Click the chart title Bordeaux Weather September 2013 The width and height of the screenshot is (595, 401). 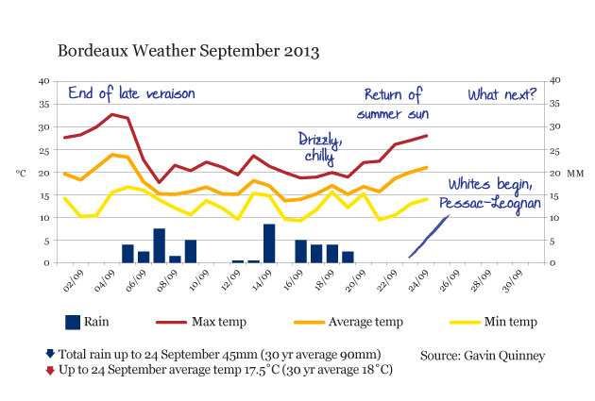pyautogui.click(x=188, y=51)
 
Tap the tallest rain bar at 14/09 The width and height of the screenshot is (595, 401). pyautogui.click(x=269, y=243)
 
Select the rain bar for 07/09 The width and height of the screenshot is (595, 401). pyautogui.click(x=159, y=245)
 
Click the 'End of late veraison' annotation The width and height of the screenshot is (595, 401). pyautogui.click(x=131, y=93)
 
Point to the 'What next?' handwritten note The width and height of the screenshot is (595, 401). pyautogui.click(x=501, y=94)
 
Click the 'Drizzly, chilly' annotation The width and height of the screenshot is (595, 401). pyautogui.click(x=320, y=148)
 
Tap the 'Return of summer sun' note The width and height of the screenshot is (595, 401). pyautogui.click(x=393, y=104)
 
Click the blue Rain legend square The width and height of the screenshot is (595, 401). pyautogui.click(x=73, y=323)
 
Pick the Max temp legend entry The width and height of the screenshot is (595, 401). pyautogui.click(x=201, y=322)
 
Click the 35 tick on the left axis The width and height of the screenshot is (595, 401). pyautogui.click(x=44, y=104)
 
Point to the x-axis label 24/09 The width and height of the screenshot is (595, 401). pyautogui.click(x=418, y=281)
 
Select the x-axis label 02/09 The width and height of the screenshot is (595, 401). pyautogui.click(x=73, y=281)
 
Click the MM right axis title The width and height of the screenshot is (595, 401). pyautogui.click(x=575, y=174)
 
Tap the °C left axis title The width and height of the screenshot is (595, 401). pyautogui.click(x=21, y=174)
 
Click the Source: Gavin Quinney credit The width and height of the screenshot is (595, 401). pyautogui.click(x=483, y=356)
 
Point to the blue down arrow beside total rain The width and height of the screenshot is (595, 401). pyautogui.click(x=50, y=354)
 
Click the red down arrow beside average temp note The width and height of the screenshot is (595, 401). pyautogui.click(x=50, y=370)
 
